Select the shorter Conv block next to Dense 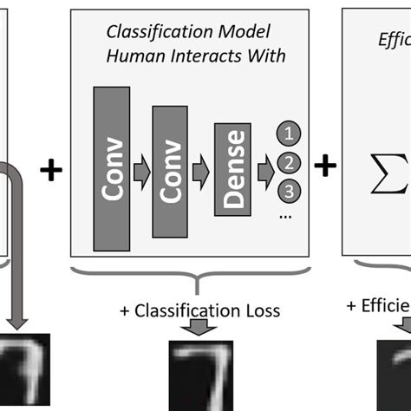(170, 170)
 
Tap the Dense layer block (230, 169)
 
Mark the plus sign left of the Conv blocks (52, 169)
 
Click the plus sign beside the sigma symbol (325, 166)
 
